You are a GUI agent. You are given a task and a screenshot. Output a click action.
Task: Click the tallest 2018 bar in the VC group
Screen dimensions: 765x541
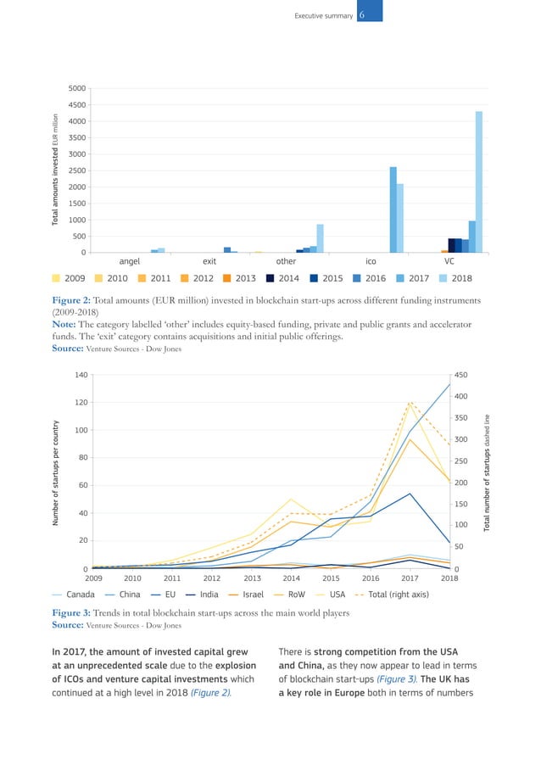pos(479,181)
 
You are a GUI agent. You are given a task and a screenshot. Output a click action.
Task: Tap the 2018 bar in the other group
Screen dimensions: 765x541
pos(320,238)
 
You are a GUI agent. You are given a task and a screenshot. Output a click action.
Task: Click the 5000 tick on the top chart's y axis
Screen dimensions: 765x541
pos(75,88)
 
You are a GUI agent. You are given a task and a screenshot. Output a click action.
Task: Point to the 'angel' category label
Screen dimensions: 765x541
pos(129,262)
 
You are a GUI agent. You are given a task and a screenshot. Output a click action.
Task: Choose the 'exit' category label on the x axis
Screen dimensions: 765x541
pos(209,262)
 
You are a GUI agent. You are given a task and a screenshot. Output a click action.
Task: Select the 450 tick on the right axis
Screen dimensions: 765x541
pos(462,374)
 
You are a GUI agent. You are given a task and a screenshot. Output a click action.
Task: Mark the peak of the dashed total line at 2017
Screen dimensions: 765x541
pos(410,402)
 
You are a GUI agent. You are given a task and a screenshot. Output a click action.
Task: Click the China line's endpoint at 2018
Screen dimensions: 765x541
pos(449,384)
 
